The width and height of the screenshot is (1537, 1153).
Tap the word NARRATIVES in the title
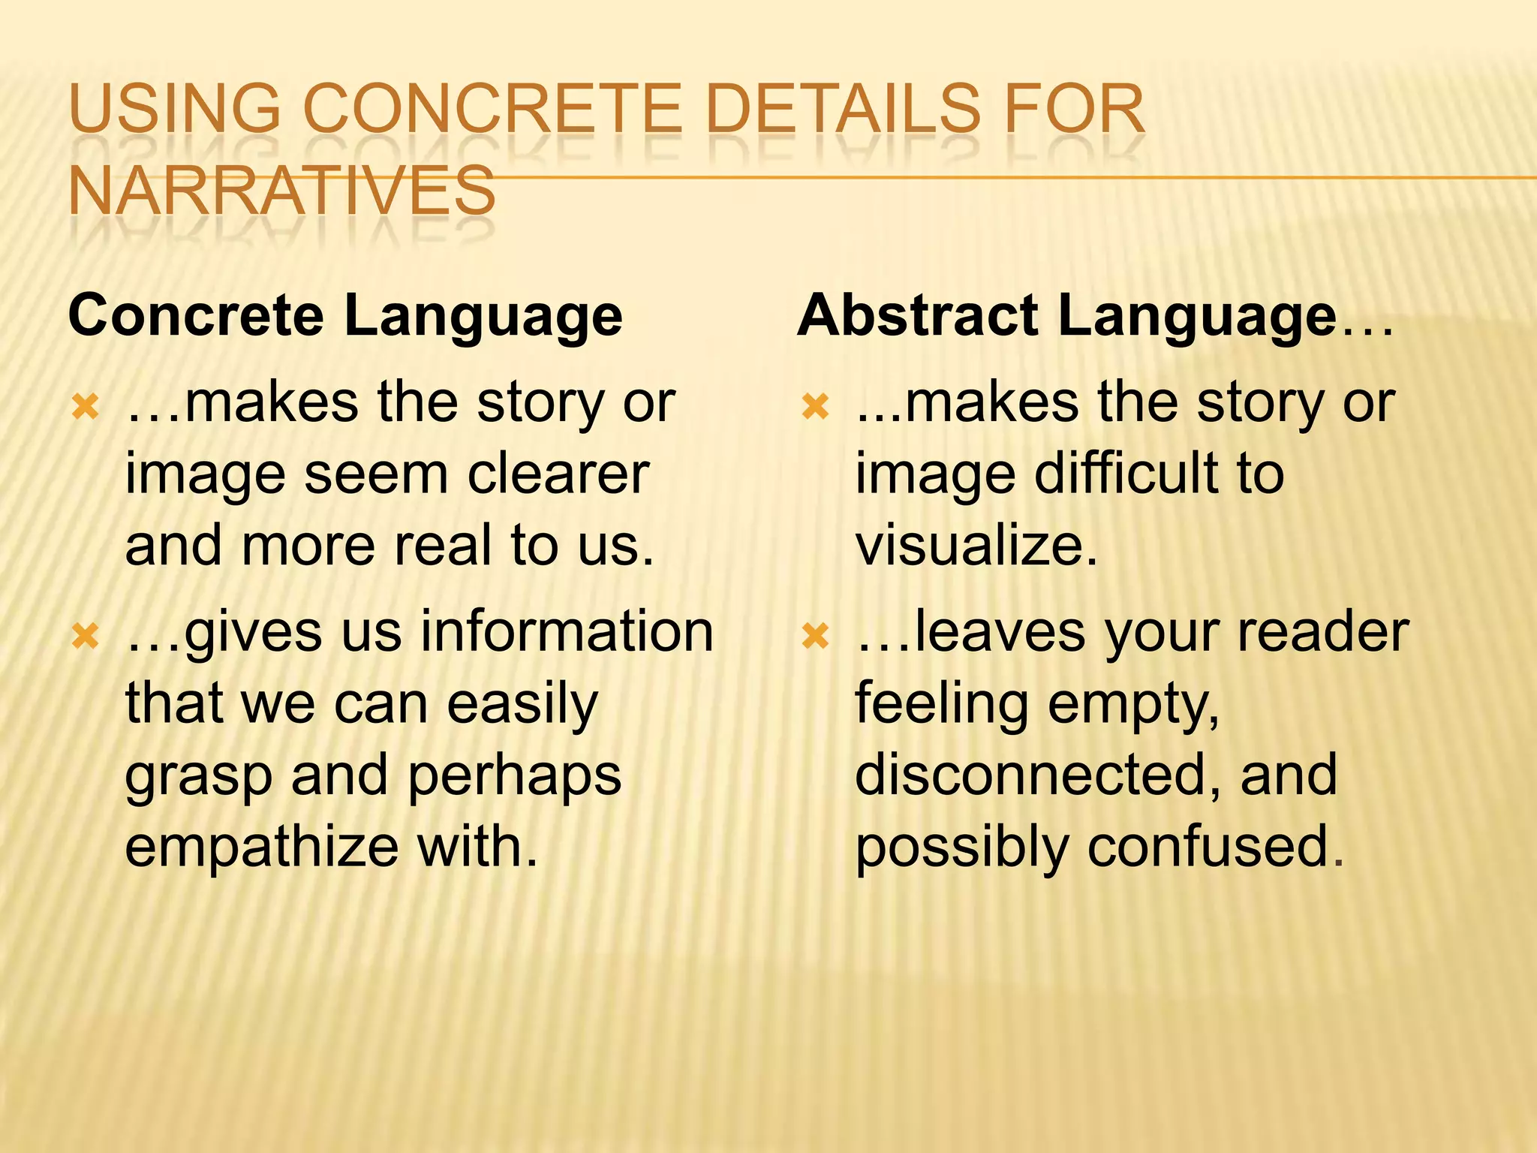pos(281,191)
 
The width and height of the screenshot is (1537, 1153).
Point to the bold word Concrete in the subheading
pos(196,316)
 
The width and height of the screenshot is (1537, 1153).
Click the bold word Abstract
pos(918,316)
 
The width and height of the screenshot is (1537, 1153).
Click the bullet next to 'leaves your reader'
pos(815,637)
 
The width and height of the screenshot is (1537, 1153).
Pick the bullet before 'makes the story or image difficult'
pos(815,408)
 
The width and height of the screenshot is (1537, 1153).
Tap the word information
pos(567,631)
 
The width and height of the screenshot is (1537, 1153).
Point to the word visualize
pos(976,546)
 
